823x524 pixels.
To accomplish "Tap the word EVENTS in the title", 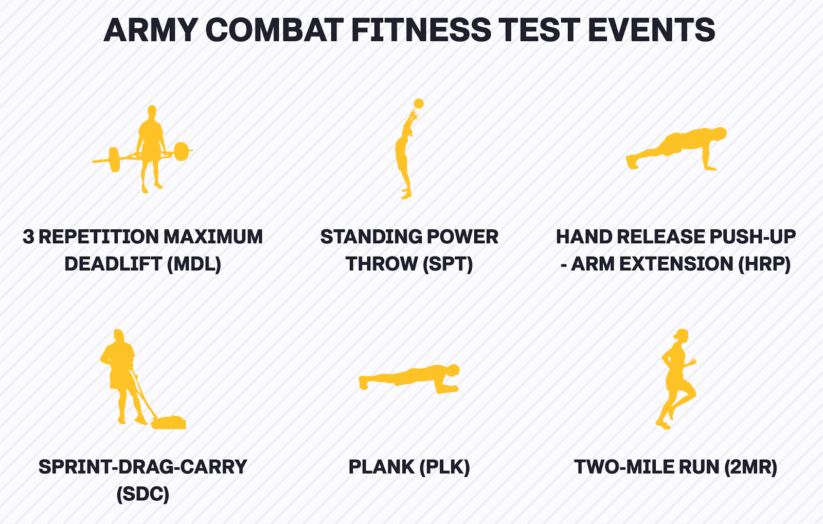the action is tap(651, 30).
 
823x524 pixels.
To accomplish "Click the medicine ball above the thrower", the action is tap(419, 103).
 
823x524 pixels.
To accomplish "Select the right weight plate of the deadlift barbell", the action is tap(181, 151).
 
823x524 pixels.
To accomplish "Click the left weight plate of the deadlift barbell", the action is tap(114, 159).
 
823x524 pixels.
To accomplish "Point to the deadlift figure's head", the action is tap(152, 111).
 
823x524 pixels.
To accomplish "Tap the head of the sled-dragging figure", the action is tap(118, 335).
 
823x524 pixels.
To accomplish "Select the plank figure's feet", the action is tap(363, 383).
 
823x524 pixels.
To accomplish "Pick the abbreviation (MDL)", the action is tap(194, 264).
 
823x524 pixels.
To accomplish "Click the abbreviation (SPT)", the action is tap(448, 264).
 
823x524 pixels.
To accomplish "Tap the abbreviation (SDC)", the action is tap(143, 494).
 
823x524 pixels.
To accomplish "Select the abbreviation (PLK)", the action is tap(444, 467).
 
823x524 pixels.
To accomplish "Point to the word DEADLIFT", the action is tap(114, 264).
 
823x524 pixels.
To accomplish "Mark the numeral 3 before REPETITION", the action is tap(28, 237).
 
